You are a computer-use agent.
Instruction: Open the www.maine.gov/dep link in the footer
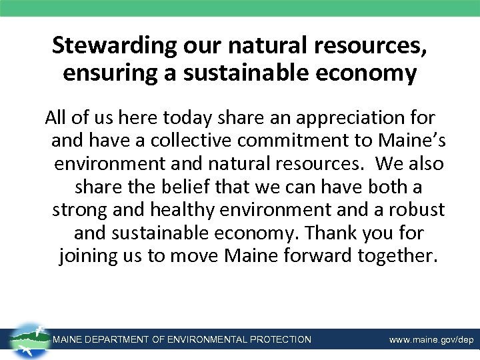pyautogui.click(x=431, y=340)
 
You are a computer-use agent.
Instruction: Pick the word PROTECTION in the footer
pyautogui.click(x=280, y=340)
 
